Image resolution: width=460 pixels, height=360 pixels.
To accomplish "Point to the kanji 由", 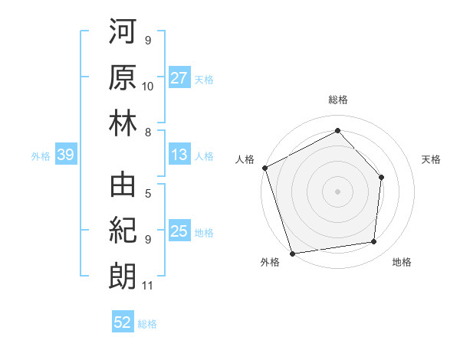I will click(123, 188).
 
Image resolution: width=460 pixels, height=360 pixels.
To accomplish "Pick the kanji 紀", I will click(123, 231).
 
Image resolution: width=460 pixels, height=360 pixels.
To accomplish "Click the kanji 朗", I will click(123, 274).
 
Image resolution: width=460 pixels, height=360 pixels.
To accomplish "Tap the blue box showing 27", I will click(179, 78).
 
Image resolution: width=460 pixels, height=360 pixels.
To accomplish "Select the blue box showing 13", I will click(179, 155).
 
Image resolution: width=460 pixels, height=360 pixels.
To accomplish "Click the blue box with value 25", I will click(179, 231).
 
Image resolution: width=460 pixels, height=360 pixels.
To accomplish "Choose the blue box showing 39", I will click(66, 155).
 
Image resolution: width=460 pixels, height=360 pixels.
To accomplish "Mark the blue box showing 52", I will click(123, 323).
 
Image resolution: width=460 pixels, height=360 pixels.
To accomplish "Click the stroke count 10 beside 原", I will click(148, 87).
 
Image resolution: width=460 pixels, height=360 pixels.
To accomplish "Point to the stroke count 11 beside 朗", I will click(148, 286).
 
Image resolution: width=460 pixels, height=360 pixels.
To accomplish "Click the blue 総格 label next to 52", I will click(147, 324).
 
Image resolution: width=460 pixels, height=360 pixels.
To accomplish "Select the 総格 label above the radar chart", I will click(337, 100).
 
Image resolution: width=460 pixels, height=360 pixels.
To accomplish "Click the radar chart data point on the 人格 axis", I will click(264, 168).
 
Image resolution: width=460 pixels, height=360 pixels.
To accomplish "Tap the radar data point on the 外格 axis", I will click(293, 253).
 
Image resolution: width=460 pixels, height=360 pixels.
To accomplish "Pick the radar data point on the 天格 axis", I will click(382, 177).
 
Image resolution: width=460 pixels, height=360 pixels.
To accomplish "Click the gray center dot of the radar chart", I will click(337, 191).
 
